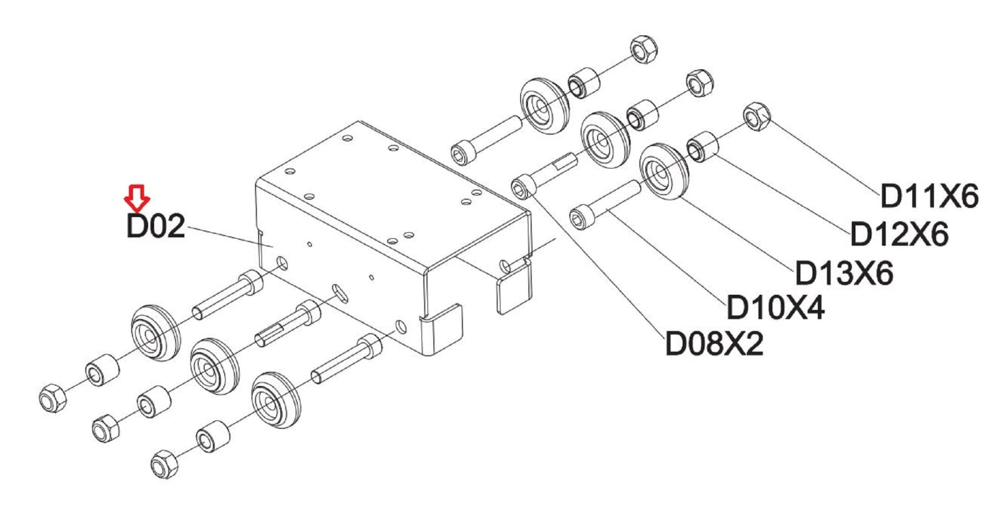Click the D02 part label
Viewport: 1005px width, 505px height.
pos(156,226)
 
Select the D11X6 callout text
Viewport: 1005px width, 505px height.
pos(929,196)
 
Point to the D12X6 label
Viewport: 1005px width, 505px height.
pos(899,234)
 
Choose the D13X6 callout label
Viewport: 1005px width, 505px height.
pos(844,273)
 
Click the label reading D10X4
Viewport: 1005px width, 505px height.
pos(775,308)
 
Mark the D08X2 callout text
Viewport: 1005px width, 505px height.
pos(714,343)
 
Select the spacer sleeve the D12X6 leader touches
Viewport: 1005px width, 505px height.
pos(703,146)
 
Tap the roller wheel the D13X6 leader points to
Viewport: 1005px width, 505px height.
pos(664,171)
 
